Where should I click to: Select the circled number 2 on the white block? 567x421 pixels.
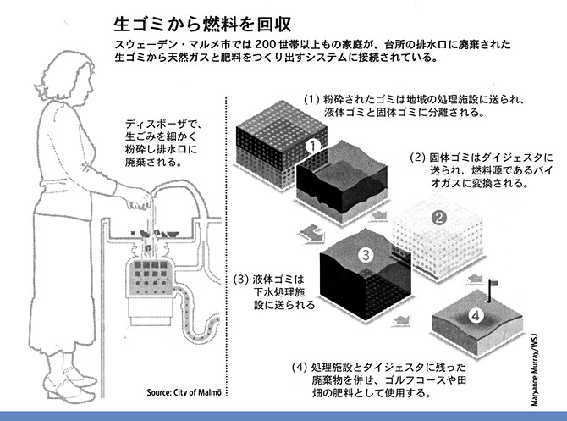click(438, 217)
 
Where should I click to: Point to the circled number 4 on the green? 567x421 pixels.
click(476, 316)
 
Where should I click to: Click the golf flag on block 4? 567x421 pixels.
click(492, 288)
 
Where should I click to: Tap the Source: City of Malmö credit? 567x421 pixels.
click(188, 392)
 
